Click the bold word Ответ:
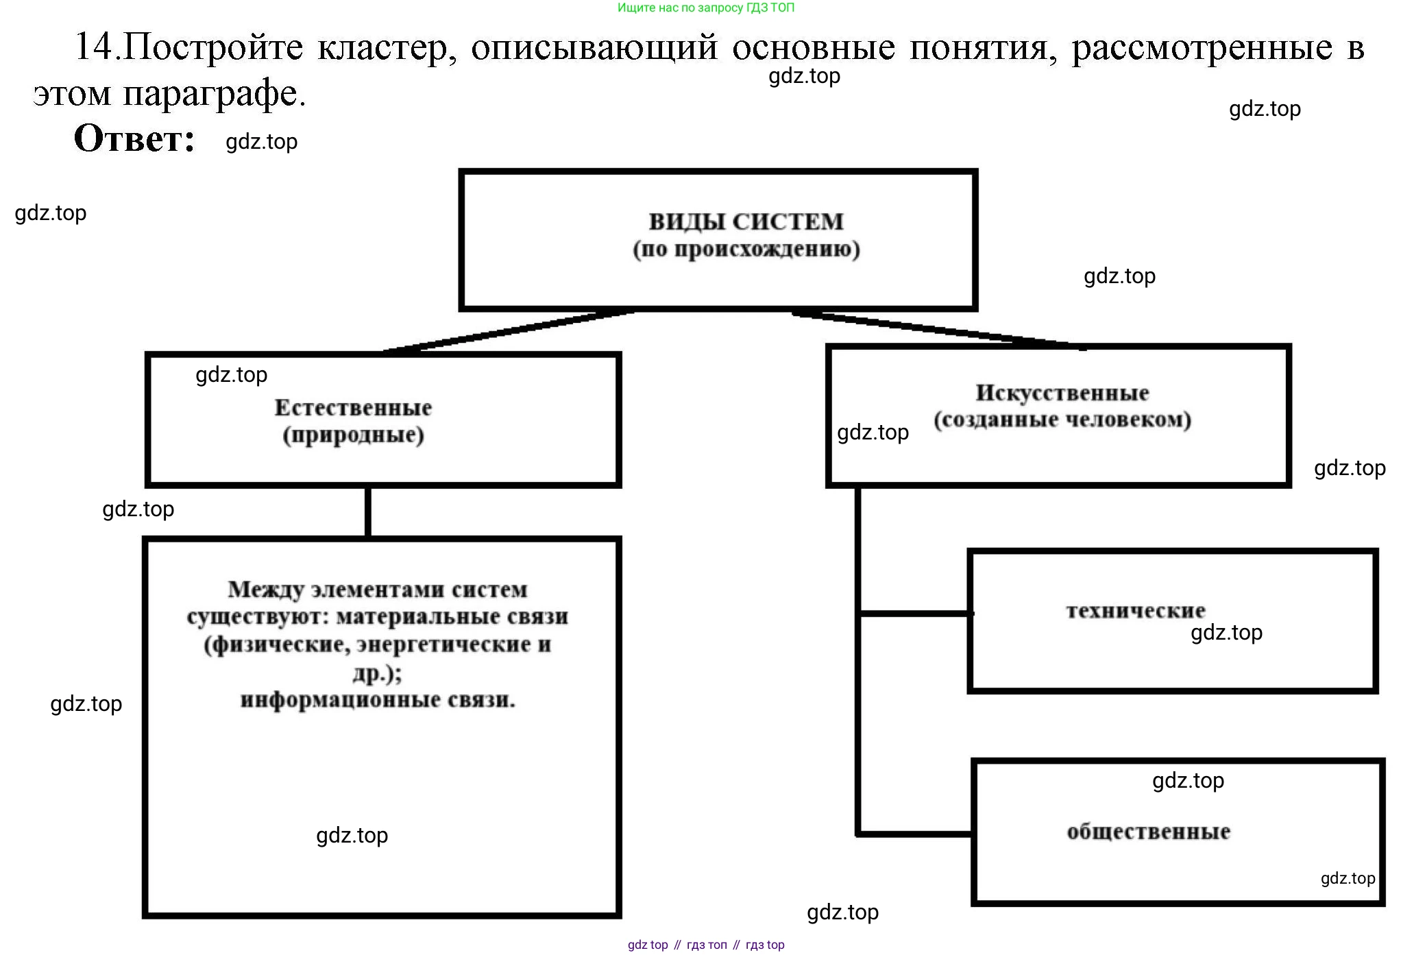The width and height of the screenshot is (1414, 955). pos(134,138)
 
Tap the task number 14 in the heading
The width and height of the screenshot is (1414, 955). pos(93,47)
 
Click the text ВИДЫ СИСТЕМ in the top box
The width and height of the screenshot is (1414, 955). pos(746,221)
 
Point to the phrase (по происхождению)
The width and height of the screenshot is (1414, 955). pos(746,248)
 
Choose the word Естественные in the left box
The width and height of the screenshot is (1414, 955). pos(353,408)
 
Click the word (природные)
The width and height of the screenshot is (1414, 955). pos(353,435)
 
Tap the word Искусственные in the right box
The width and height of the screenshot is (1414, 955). pos(1062,393)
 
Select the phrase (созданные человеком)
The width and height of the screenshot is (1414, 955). pos(1062,420)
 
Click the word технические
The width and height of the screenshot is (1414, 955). pos(1135,610)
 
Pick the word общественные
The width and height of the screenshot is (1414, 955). pos(1148,832)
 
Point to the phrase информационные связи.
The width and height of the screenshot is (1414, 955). pos(377,700)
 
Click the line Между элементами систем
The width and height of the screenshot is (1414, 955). pos(377,590)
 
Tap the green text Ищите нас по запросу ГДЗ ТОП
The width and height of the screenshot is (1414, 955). pos(706,8)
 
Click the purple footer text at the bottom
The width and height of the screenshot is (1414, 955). pos(706,945)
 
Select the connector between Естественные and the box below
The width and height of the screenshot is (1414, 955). pos(368,511)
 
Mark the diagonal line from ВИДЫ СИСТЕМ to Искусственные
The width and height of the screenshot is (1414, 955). pos(939,330)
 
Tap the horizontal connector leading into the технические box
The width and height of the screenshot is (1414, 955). pos(915,614)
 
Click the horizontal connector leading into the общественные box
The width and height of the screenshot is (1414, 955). pos(915,834)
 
